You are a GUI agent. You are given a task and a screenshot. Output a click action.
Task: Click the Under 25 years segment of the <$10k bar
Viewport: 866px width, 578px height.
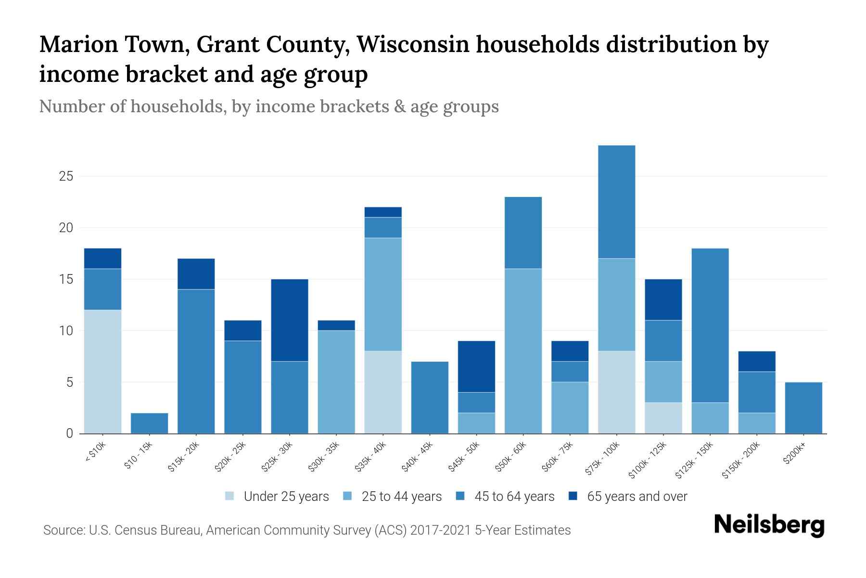(102, 371)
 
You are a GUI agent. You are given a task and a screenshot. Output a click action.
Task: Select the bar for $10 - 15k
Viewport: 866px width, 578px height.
(149, 423)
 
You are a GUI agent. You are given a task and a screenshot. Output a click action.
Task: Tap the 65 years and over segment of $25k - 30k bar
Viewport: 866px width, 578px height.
(290, 320)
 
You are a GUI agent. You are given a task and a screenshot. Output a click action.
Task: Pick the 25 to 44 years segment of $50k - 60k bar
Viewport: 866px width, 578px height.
(523, 351)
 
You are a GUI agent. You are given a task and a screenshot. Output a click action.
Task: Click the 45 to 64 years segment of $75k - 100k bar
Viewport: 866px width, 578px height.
(616, 202)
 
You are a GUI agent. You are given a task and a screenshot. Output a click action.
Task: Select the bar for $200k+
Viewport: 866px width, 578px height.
(803, 408)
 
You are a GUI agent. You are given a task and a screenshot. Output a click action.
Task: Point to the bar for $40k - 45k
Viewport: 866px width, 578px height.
(430, 397)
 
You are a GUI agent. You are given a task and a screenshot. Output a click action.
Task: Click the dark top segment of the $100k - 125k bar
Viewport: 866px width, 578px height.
(663, 300)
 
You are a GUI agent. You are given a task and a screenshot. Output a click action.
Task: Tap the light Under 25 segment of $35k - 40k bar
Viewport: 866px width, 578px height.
(383, 392)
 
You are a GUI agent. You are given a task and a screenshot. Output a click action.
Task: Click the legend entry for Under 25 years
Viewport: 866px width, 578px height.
(277, 497)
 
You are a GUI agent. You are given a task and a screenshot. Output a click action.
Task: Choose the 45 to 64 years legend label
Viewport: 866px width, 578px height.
(505, 497)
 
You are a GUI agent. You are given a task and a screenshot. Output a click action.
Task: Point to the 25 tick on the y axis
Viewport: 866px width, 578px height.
(66, 176)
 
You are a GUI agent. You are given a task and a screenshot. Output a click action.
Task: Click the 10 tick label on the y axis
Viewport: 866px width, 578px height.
(66, 331)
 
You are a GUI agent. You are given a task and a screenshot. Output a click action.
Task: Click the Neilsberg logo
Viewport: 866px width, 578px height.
(769, 525)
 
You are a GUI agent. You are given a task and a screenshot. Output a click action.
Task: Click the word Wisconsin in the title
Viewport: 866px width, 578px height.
(413, 44)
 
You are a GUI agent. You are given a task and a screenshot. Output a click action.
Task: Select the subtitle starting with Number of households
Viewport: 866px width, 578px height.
(268, 106)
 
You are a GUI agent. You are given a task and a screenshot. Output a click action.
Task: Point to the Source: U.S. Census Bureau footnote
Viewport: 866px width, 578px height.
(307, 530)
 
